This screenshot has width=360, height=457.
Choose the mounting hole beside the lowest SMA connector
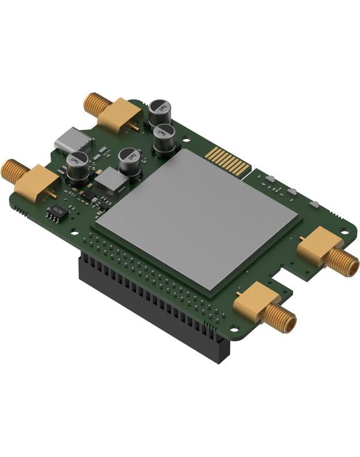pyautogui.click(x=234, y=329)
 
